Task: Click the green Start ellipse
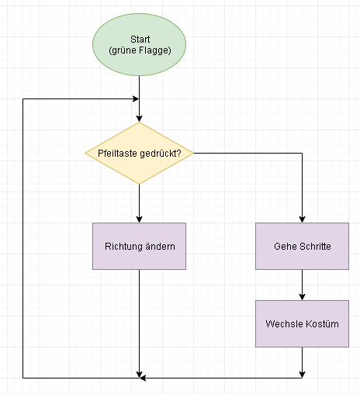[139, 45]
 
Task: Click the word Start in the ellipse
[140, 40]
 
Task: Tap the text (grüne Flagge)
[140, 50]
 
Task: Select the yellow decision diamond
[139, 153]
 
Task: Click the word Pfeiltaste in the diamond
[118, 154]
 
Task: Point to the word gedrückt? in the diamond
[161, 154]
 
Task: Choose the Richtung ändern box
[139, 246]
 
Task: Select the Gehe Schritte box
[302, 246]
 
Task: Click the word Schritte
[315, 247]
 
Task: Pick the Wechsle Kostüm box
[302, 323]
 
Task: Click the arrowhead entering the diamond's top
[139, 119]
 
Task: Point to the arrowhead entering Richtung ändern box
[139, 219]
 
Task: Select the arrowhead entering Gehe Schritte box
[302, 219]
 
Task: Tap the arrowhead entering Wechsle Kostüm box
[302, 297]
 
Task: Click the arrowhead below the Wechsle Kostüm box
[302, 375]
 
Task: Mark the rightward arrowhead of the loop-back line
[136, 98]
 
